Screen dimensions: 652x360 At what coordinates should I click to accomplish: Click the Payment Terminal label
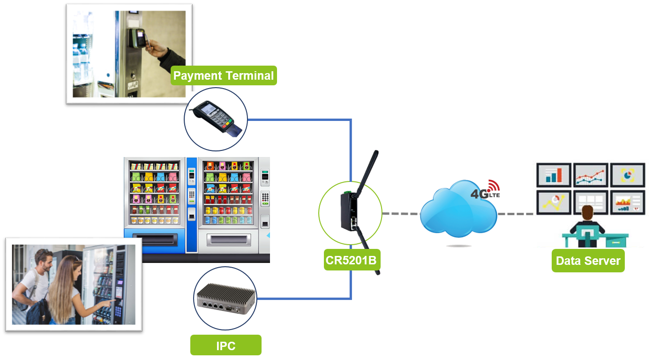pyautogui.click(x=224, y=75)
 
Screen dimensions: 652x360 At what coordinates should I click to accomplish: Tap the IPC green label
pyautogui.click(x=226, y=345)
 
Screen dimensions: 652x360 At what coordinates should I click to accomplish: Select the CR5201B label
pyautogui.click(x=352, y=260)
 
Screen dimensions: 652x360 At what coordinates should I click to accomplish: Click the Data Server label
pyautogui.click(x=588, y=261)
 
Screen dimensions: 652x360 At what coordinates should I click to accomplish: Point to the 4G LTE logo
pyautogui.click(x=486, y=190)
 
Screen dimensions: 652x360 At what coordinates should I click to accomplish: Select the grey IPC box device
pyautogui.click(x=225, y=298)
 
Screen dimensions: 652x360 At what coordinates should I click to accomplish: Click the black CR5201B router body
pyautogui.click(x=349, y=211)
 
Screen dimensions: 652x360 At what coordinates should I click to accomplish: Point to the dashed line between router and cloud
pyautogui.click(x=401, y=214)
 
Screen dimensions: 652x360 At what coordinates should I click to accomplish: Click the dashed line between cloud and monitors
pyautogui.click(x=516, y=214)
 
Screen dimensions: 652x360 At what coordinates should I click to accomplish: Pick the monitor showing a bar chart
pyautogui.click(x=554, y=175)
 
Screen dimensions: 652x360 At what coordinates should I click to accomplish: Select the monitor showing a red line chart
pyautogui.click(x=591, y=175)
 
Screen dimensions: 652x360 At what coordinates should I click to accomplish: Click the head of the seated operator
pyautogui.click(x=587, y=213)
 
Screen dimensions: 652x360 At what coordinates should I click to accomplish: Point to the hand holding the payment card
pyautogui.click(x=156, y=48)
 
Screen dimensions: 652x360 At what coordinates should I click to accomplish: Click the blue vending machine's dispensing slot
pyautogui.click(x=155, y=239)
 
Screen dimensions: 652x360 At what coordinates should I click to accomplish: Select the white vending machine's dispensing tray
pyautogui.click(x=229, y=239)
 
